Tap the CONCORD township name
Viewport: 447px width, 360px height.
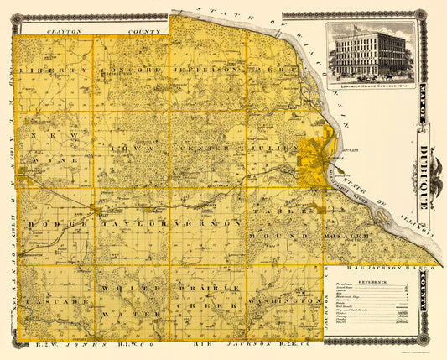(131, 70)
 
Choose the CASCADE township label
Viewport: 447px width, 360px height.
(52, 300)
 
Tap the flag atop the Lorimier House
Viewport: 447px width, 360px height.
(356, 24)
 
